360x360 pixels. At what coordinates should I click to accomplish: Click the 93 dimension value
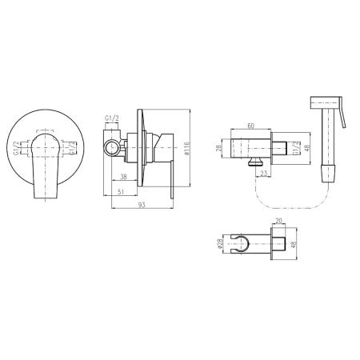(142, 205)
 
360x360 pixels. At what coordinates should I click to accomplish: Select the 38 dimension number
(123, 177)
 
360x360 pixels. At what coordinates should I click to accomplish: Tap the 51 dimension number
(121, 192)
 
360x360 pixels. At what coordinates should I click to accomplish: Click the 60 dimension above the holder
(251, 126)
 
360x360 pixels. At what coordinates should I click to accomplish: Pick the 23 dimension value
(263, 174)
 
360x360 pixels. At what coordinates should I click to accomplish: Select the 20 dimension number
(278, 221)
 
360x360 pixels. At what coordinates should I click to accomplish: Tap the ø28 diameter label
(220, 243)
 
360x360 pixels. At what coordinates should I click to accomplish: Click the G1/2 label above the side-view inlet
(112, 118)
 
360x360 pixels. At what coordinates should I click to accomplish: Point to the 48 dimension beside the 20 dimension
(294, 244)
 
